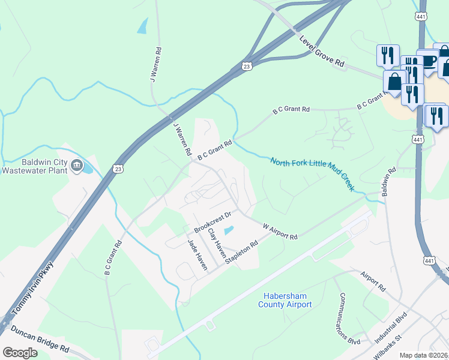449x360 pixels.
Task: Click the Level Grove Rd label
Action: tap(322, 52)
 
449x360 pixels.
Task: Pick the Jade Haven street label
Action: tap(197, 254)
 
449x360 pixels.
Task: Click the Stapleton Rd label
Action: tap(241, 253)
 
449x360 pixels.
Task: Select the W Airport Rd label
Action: tap(280, 232)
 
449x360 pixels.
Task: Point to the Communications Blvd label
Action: tap(349, 319)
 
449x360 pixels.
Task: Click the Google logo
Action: tap(20, 353)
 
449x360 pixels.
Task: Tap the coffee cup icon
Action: tap(428, 61)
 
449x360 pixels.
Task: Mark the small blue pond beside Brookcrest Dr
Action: tap(229, 230)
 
